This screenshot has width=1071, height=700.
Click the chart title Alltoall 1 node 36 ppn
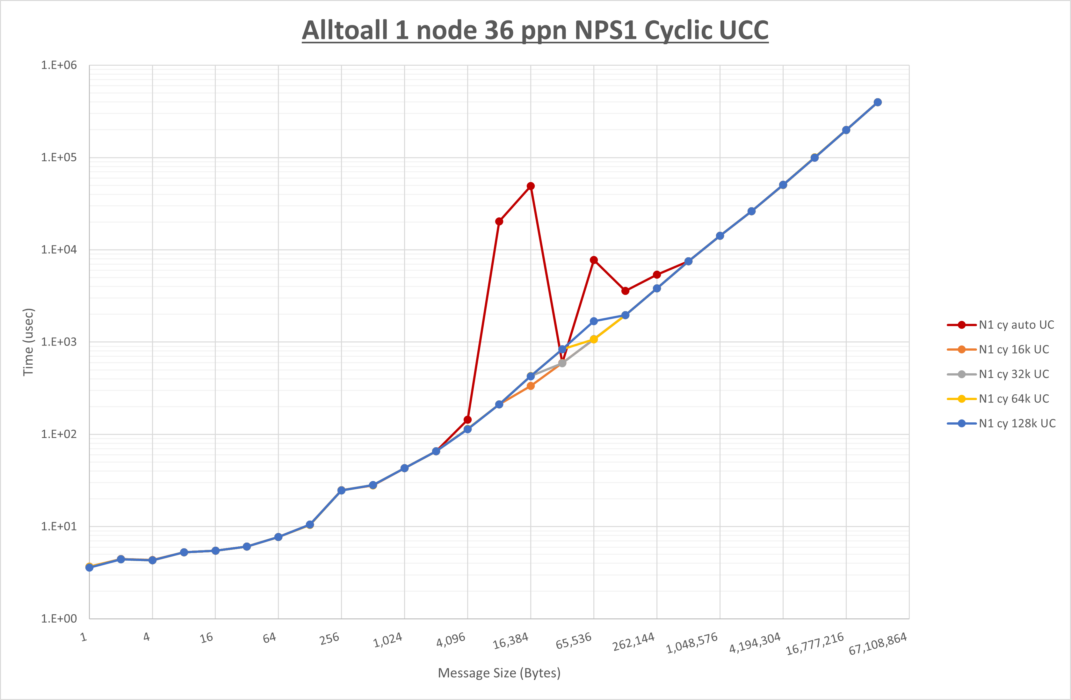(535, 31)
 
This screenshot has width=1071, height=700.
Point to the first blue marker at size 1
(90, 568)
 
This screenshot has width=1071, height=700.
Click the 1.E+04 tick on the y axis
(59, 250)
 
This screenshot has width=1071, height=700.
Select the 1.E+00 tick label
(59, 618)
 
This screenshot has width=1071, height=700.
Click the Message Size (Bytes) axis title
(499, 673)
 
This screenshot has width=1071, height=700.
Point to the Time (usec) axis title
(28, 342)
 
